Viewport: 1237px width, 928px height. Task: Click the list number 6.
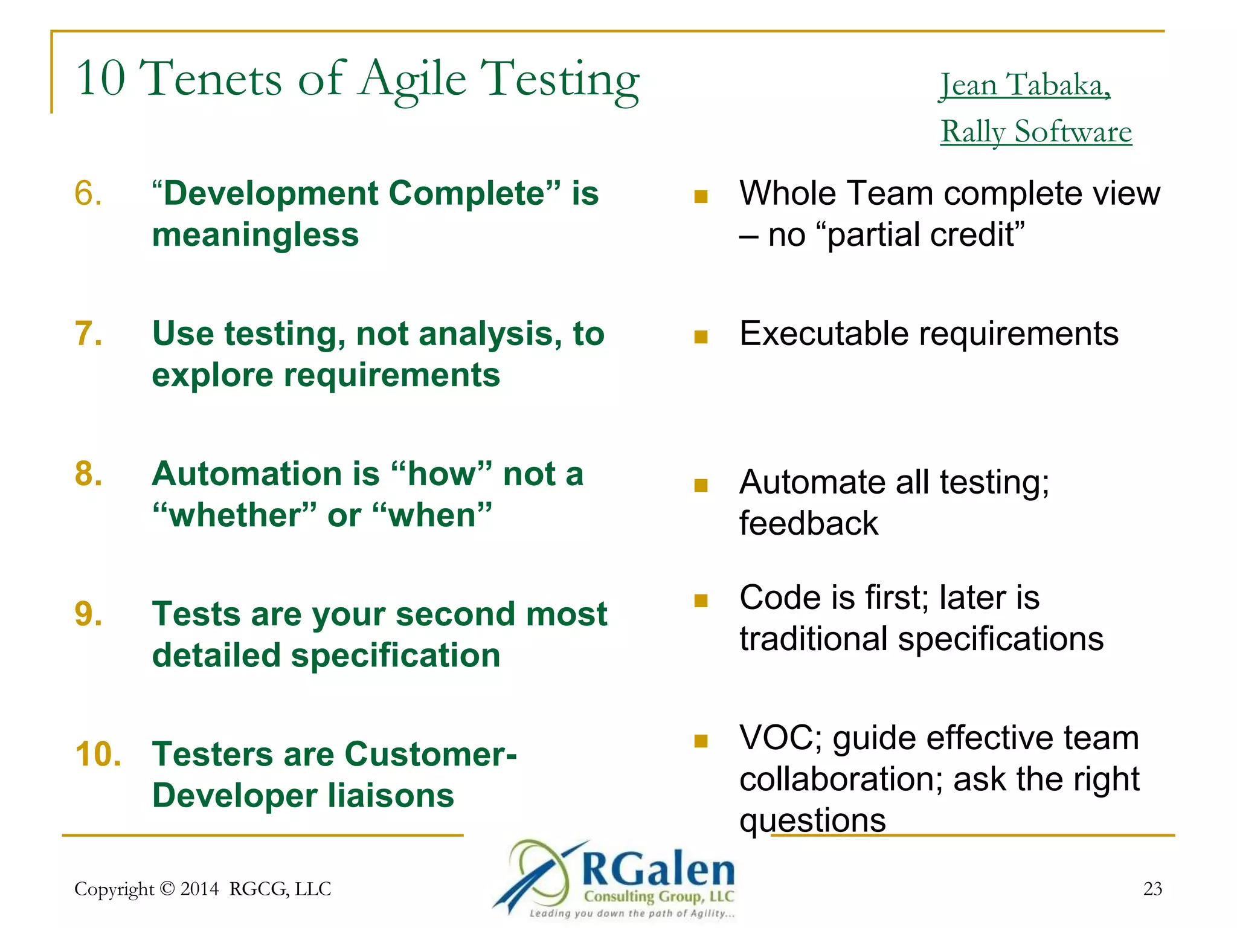coord(88,194)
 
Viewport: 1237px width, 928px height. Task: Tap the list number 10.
coord(98,755)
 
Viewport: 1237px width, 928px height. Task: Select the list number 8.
coord(88,474)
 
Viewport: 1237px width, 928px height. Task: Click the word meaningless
coord(255,235)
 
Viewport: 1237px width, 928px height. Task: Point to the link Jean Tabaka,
coord(1025,85)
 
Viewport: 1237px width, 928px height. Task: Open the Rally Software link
coord(1036,132)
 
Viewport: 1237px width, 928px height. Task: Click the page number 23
coord(1152,888)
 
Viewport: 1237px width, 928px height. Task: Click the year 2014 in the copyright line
coord(199,889)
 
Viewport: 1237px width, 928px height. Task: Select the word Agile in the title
coord(413,80)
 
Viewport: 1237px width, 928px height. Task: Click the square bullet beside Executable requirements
coord(701,337)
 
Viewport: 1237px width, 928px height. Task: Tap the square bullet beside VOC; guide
coord(701,741)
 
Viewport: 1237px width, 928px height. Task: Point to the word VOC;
coord(780,738)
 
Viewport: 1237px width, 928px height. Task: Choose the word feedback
coord(808,524)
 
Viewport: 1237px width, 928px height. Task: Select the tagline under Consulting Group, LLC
coord(631,913)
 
